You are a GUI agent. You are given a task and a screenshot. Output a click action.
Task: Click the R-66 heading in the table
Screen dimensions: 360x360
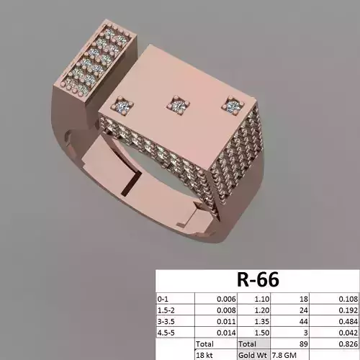click(x=257, y=279)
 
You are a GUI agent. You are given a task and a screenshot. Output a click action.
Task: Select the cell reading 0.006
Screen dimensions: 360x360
click(x=224, y=297)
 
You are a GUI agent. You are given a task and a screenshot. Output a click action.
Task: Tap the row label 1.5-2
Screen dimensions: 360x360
click(x=167, y=309)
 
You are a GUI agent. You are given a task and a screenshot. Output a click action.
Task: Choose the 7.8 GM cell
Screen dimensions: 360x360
click(x=282, y=355)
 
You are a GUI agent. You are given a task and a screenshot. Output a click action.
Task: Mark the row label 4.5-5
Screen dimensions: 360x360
click(x=167, y=332)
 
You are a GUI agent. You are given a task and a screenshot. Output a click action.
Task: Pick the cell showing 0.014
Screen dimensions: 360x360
click(x=224, y=332)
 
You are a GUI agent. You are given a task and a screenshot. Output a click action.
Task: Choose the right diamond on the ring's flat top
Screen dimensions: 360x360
click(x=232, y=105)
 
